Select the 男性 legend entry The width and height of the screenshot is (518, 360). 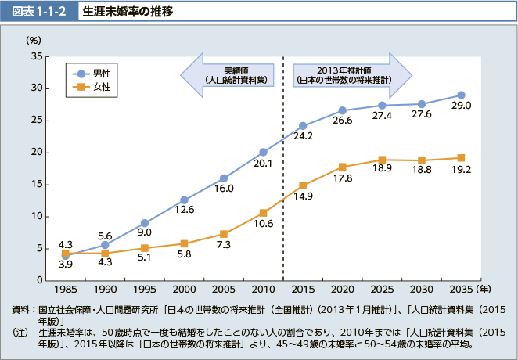pos(92,73)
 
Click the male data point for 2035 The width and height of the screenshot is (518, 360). pos(461,95)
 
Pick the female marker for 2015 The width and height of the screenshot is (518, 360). pos(303,185)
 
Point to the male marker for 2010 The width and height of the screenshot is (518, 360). pos(264,152)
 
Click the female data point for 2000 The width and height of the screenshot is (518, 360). pos(184,243)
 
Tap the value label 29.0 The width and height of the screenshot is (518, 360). pos(461,106)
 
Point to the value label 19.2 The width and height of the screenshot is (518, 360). pos(460,169)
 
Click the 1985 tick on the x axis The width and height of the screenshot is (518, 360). pos(66,289)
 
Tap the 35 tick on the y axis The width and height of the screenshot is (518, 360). pos(37,56)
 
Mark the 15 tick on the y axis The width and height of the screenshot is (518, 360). pos(37,185)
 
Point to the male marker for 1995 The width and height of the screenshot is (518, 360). pos(145,223)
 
